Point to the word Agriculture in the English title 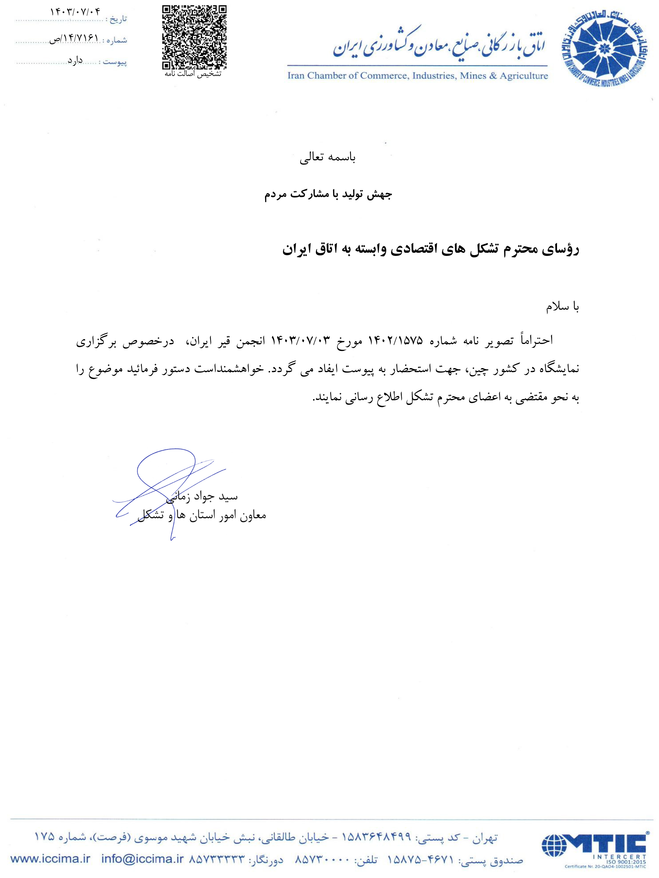pyautogui.click(x=524, y=75)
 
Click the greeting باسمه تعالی pyautogui.click(x=328, y=158)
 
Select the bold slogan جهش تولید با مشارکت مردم pyautogui.click(x=328, y=195)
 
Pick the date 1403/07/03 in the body pyautogui.click(x=301, y=340)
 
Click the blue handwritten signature pyautogui.click(x=167, y=488)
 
